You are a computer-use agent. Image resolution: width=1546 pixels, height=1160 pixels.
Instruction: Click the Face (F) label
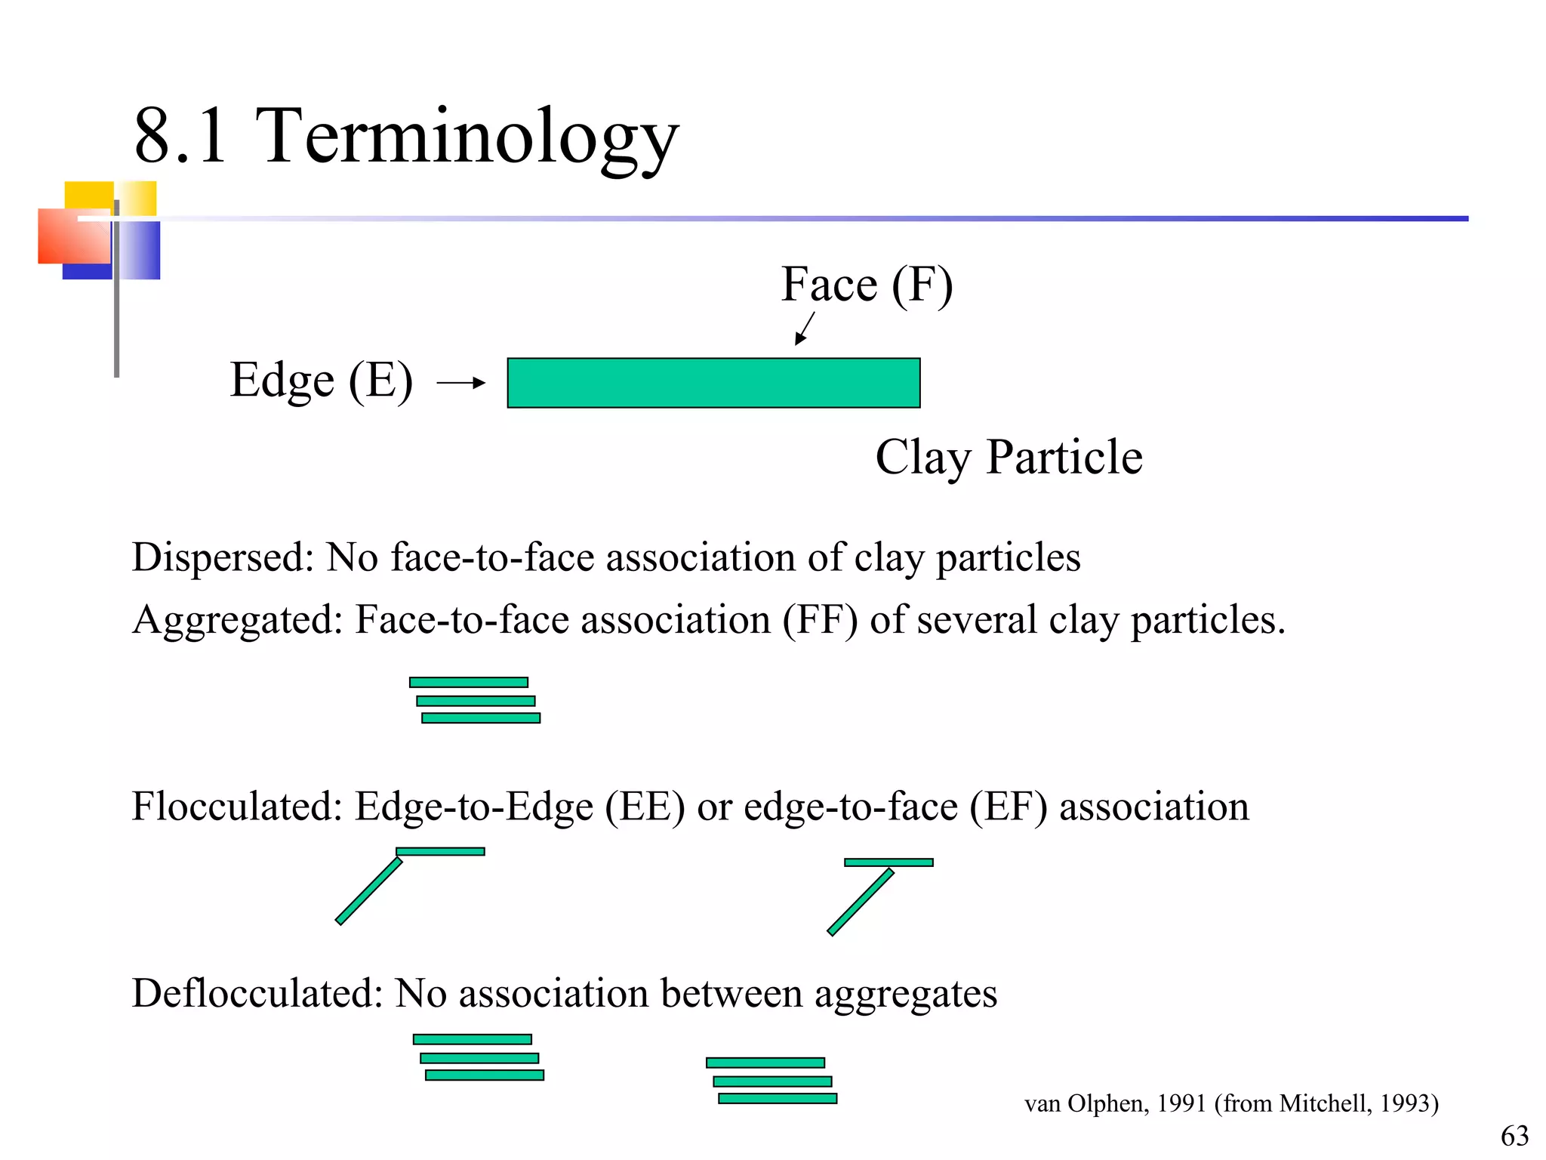pyautogui.click(x=867, y=285)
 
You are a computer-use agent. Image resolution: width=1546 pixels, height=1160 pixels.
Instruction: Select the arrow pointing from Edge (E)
pyautogui.click(x=460, y=383)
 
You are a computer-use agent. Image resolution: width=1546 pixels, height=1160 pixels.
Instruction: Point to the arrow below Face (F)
pyautogui.click(x=805, y=329)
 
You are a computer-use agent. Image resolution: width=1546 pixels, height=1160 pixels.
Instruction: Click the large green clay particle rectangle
pyautogui.click(x=713, y=383)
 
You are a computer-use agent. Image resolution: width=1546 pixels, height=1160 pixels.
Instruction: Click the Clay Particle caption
pyautogui.click(x=1009, y=458)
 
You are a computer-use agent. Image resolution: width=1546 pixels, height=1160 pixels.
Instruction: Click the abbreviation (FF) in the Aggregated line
pyautogui.click(x=820, y=620)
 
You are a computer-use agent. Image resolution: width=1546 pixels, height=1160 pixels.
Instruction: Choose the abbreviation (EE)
pyautogui.click(x=645, y=807)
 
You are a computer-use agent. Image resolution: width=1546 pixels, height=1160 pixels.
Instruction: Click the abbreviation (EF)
pyautogui.click(x=1009, y=807)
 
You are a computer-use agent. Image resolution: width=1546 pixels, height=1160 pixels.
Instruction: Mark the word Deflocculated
pyautogui.click(x=257, y=993)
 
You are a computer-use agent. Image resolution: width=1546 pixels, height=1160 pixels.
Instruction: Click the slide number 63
pyautogui.click(x=1514, y=1136)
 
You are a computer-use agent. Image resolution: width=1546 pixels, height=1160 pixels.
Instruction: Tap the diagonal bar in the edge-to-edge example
pyautogui.click(x=368, y=891)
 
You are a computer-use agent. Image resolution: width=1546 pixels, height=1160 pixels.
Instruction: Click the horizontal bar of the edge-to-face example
pyautogui.click(x=888, y=862)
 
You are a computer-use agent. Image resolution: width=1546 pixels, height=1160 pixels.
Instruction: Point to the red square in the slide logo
pyautogui.click(x=74, y=236)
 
